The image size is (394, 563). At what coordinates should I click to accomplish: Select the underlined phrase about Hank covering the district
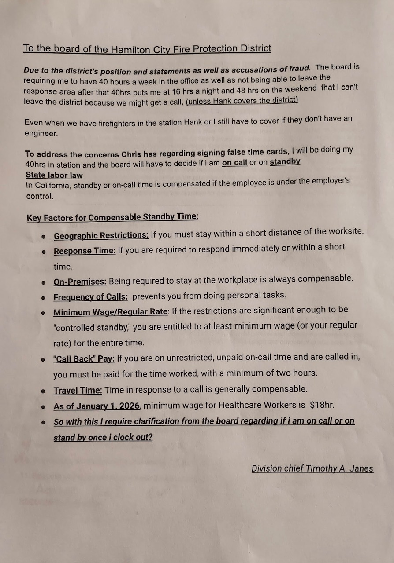tap(242, 100)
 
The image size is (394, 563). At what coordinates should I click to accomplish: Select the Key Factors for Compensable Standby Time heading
tap(112, 217)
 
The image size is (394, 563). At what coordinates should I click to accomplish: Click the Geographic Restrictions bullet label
tap(101, 236)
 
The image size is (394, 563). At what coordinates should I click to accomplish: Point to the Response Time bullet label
tap(85, 251)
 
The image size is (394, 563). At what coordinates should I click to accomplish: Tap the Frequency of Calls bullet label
tap(90, 297)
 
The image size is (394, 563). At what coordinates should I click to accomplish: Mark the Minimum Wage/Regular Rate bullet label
tap(110, 312)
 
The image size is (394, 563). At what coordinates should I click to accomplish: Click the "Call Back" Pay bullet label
tap(84, 359)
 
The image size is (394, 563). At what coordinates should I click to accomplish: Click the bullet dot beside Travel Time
tap(43, 391)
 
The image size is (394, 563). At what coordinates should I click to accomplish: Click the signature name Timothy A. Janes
tap(337, 469)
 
